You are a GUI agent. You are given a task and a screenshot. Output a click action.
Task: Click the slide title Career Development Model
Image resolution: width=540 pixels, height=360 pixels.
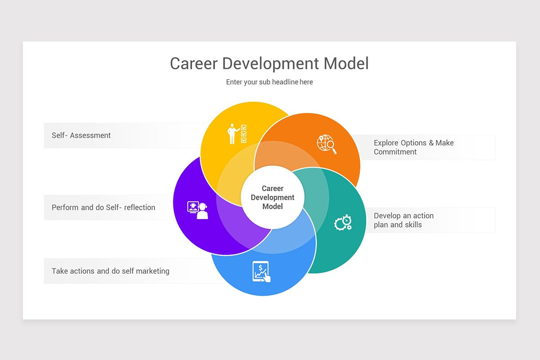[269, 63]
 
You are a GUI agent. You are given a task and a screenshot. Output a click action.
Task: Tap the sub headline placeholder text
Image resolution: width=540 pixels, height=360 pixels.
[269, 82]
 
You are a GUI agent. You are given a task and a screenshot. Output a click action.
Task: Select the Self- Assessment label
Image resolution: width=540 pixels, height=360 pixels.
[81, 135]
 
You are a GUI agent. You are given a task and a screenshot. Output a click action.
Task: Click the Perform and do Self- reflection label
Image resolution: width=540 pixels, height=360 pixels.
[103, 207]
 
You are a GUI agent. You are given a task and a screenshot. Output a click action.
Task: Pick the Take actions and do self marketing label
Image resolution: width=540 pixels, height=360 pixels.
[110, 271]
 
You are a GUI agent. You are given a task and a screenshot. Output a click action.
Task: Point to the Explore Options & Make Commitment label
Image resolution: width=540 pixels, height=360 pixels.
[414, 147]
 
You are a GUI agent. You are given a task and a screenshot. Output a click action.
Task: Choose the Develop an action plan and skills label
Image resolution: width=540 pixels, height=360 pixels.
[404, 220]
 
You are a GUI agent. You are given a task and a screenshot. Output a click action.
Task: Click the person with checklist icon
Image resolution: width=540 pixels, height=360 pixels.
[237, 134]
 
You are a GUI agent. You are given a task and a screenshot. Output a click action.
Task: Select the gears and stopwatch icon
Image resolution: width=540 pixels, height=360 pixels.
[343, 222]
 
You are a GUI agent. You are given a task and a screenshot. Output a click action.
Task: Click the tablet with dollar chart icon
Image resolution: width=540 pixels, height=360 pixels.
[261, 272]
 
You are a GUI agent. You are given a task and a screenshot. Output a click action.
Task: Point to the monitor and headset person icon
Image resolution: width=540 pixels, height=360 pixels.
[198, 210]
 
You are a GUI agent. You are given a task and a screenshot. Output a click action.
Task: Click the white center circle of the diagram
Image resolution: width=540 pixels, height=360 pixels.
[273, 197]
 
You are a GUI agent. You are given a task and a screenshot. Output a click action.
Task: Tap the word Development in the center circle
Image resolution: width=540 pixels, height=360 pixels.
[273, 198]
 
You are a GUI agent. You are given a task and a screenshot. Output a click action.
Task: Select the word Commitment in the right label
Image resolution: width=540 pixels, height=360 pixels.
[395, 152]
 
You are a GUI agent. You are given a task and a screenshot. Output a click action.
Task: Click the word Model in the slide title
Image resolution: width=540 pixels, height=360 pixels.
[346, 63]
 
